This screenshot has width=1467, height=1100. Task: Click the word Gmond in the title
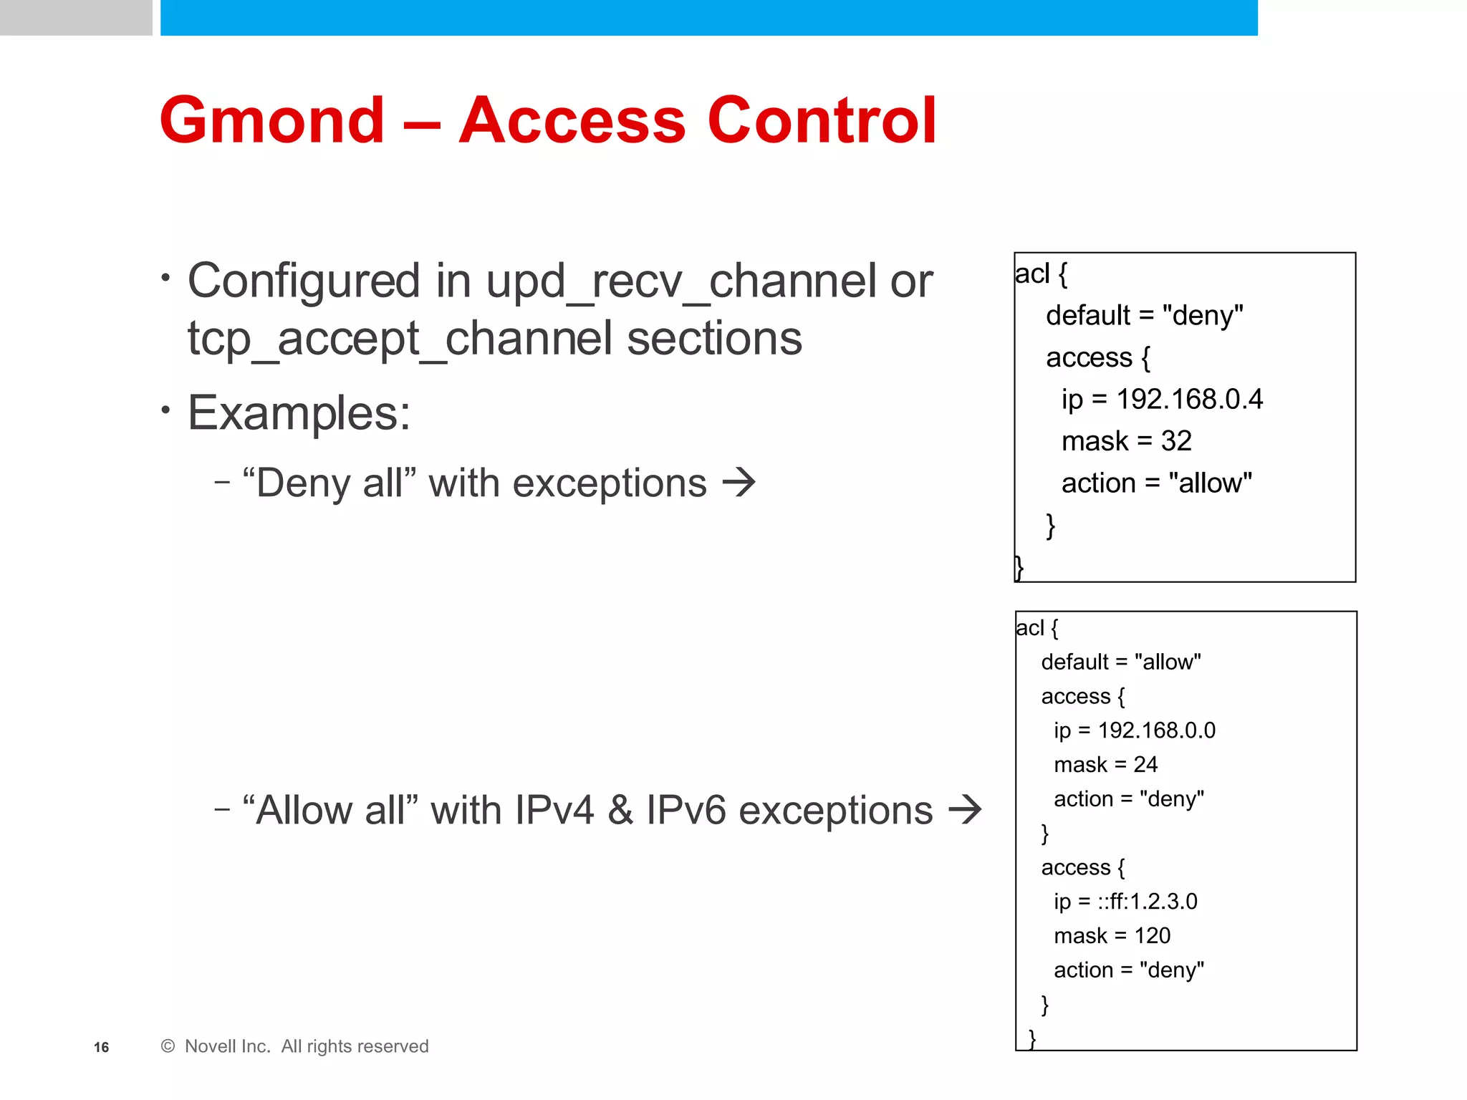pos(272,120)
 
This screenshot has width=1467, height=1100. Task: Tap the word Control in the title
pos(822,120)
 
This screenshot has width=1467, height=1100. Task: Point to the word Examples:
pos(299,413)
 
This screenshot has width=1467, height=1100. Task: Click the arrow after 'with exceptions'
pos(739,483)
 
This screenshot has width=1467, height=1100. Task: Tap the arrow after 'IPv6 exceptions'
pos(964,810)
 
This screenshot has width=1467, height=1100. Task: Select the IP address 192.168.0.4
pos(1189,399)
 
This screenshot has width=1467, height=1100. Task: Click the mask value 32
pos(1176,441)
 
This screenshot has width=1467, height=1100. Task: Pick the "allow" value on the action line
pos(1210,483)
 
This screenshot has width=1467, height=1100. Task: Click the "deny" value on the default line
pos(1203,315)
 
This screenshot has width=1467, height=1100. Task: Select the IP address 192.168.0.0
pos(1156,730)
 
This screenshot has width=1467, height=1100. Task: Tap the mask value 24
pos(1145,765)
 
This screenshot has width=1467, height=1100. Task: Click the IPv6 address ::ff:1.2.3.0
pos(1148,902)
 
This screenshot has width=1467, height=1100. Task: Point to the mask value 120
pos(1152,936)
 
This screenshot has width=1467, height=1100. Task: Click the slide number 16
pos(102,1048)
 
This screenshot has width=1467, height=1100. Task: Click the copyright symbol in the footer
pos(168,1047)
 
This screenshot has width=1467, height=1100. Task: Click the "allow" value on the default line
pos(1168,662)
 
